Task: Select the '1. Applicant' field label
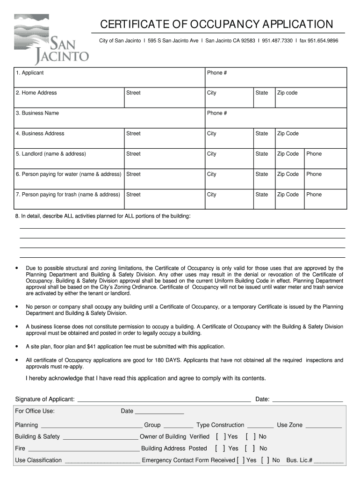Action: [29, 73]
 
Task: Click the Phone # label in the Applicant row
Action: [217, 73]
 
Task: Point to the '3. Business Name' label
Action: [37, 113]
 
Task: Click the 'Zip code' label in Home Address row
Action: [287, 93]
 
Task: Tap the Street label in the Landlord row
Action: [133, 154]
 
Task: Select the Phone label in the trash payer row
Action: [314, 195]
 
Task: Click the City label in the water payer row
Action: [212, 174]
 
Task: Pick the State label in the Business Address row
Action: [261, 134]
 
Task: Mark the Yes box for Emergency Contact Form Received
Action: [240, 460]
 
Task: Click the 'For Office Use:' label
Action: [35, 411]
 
